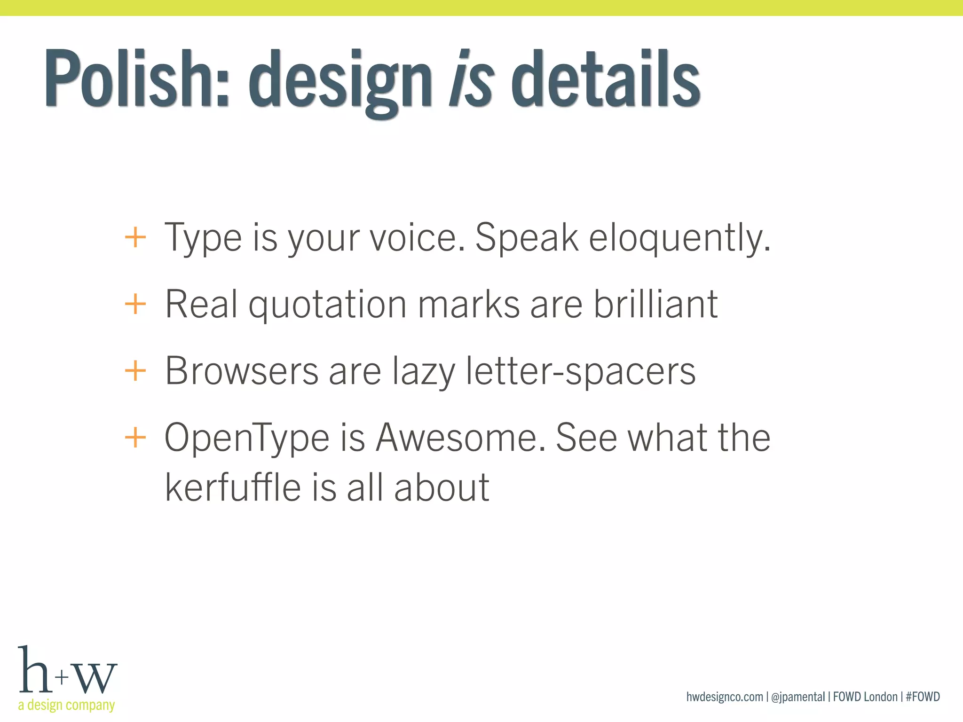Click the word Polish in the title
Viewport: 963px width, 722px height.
tap(136, 78)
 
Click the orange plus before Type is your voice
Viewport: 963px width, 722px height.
tap(135, 237)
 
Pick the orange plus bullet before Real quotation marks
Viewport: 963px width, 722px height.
tap(135, 304)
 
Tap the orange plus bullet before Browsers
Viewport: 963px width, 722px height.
tap(135, 371)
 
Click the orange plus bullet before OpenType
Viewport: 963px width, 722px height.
tap(135, 438)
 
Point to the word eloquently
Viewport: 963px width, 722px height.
tap(679, 239)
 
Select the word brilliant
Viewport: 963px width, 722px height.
tap(655, 304)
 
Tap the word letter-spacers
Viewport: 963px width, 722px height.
tap(580, 371)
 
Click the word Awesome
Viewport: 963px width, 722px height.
tap(461, 438)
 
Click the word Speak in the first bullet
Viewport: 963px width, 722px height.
tap(526, 238)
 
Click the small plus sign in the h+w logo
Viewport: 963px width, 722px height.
tap(62, 677)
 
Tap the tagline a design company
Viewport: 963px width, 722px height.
tap(66, 705)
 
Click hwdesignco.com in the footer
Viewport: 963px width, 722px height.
tap(724, 697)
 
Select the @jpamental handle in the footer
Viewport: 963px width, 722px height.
tap(798, 697)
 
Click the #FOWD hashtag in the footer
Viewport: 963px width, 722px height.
tap(923, 697)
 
